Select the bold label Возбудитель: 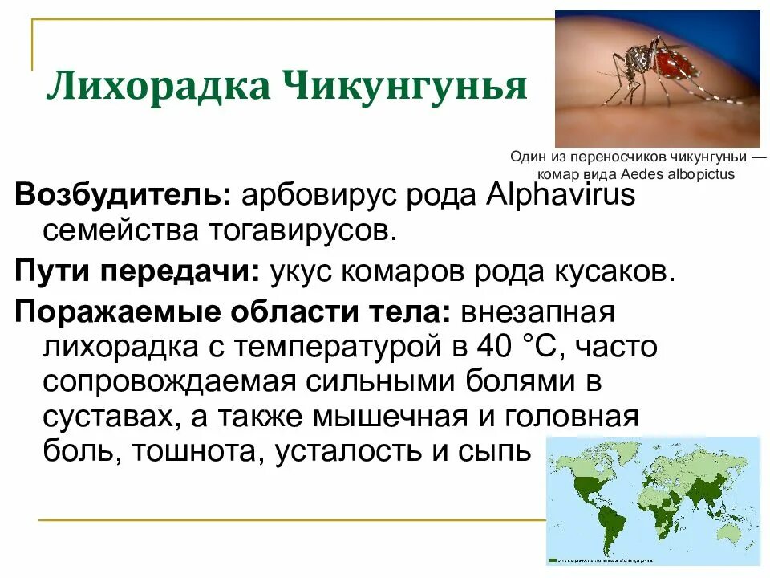124,195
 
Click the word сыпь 494,453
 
